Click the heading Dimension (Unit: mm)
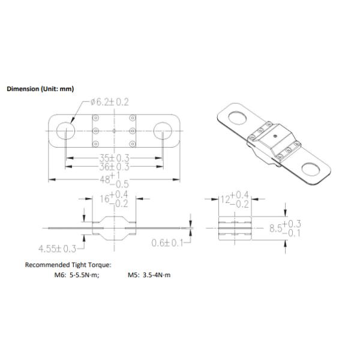(40, 89)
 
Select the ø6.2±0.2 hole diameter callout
(110, 102)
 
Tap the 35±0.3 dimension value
(114, 158)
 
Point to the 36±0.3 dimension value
(114, 167)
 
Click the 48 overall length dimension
(114, 180)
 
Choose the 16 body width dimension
(114, 199)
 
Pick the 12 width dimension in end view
(235, 199)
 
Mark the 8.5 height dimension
(285, 228)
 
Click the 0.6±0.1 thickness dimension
(167, 243)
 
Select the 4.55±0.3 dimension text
(57, 248)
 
